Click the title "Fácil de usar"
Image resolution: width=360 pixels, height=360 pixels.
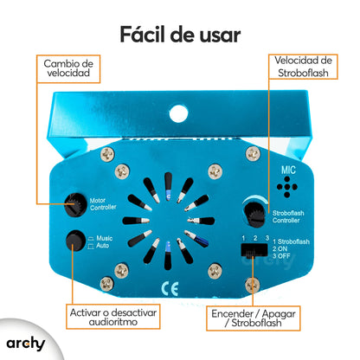(x=180, y=35)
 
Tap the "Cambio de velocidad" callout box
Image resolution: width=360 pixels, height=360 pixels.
(x=68, y=69)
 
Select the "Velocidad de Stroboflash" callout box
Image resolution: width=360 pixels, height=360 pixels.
(x=303, y=67)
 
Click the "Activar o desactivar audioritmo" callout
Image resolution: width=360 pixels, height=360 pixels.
(x=113, y=317)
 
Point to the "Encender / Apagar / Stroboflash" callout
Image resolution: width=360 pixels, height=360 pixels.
(x=254, y=318)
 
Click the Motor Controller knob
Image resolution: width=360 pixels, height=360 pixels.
(x=75, y=204)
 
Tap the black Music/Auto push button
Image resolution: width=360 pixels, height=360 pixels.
(x=75, y=241)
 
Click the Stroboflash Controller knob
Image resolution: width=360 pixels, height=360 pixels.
(x=255, y=215)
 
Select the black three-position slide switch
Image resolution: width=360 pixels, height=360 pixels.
(x=254, y=250)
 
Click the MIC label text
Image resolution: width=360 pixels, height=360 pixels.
(x=288, y=170)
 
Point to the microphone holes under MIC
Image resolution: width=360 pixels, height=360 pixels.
(x=287, y=187)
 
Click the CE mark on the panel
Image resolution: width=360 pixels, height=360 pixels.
(x=170, y=289)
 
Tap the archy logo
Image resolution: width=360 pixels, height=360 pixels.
(x=26, y=343)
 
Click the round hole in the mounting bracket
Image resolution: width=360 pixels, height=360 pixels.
(x=178, y=113)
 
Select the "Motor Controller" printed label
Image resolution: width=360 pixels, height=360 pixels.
(x=103, y=204)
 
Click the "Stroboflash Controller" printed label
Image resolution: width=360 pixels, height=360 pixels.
(x=288, y=216)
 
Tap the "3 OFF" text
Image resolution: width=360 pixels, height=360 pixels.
(x=281, y=256)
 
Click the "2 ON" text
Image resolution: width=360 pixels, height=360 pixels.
(x=280, y=248)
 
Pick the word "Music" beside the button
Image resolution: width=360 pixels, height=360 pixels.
(x=105, y=238)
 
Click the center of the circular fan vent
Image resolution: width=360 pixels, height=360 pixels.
(x=169, y=221)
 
